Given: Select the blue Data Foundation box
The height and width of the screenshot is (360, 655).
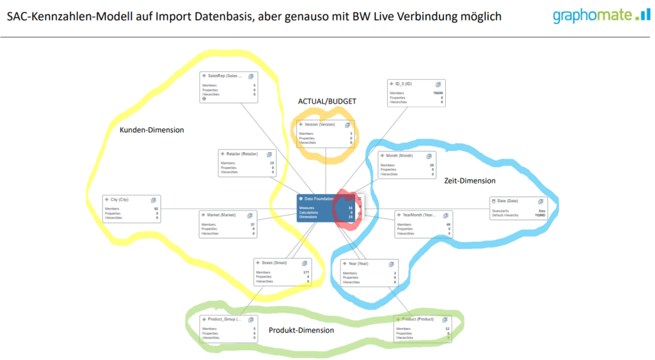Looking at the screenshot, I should pos(326,208).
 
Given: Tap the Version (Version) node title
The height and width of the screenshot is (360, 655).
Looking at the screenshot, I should pos(319,125).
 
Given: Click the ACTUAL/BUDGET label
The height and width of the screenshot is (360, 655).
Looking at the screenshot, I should pos(327,101).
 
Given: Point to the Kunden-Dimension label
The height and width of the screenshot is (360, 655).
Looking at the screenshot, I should pos(152,130).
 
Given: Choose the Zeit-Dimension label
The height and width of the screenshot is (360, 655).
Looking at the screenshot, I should pos(470,181).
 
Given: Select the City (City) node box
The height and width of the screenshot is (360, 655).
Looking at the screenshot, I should pos(131,208).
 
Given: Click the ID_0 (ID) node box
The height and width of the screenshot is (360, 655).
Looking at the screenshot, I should pos(416,93).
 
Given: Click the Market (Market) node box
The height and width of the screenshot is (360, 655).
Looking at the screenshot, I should pos(227,224).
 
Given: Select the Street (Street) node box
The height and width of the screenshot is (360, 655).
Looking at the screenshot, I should pos(282,272).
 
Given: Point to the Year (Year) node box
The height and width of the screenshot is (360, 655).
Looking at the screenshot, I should pos(370,273).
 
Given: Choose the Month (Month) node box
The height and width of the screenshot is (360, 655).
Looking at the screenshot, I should pos(407,164).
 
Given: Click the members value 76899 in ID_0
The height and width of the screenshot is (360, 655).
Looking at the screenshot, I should pos(436,93).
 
